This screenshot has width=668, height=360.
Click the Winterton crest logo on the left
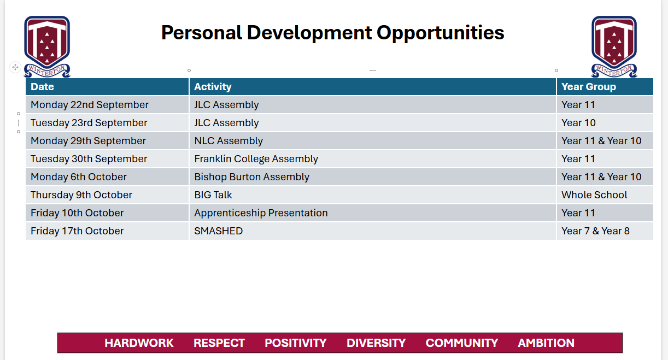tap(47, 46)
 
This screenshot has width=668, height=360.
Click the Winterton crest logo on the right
tap(614, 46)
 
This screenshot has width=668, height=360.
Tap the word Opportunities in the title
tap(440, 33)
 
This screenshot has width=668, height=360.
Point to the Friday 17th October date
tap(77, 231)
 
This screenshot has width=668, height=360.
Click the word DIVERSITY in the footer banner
tap(376, 343)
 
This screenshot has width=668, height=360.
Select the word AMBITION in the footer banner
tap(546, 343)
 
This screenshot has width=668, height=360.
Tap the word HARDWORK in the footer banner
tap(139, 343)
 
